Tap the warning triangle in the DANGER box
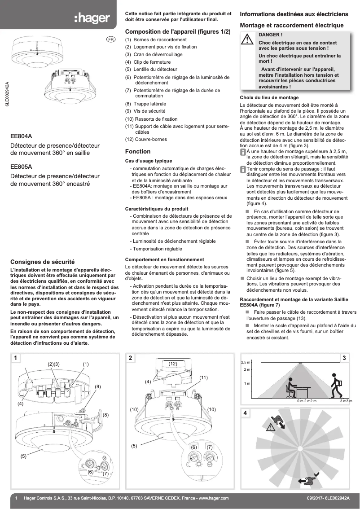247,39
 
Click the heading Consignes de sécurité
42,261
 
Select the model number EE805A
21,166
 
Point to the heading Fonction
137,151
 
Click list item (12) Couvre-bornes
146,139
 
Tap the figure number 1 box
16,358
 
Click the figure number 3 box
344,358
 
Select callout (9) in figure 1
97,386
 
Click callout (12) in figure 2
173,364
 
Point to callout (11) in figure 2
203,377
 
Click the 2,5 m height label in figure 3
245,362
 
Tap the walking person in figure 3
336,386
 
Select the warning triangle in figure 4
271,428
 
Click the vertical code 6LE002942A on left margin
7,93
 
